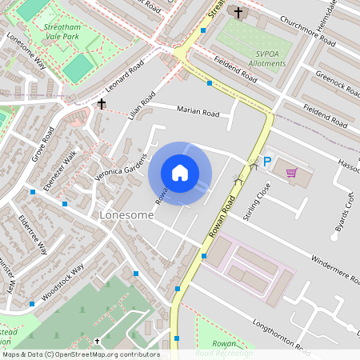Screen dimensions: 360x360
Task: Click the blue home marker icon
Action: click(x=180, y=173)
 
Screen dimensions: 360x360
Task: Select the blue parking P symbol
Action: click(x=268, y=162)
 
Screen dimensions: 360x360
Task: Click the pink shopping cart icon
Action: click(x=291, y=172)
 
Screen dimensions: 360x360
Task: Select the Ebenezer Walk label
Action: click(x=59, y=170)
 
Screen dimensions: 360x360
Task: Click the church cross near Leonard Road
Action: click(x=102, y=103)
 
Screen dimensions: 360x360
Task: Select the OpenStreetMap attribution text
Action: click(x=81, y=354)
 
